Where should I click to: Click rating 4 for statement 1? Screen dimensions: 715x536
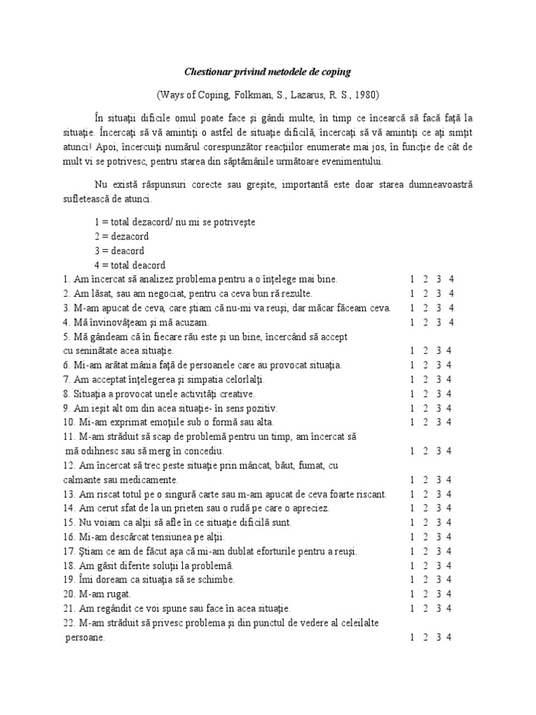coord(452,279)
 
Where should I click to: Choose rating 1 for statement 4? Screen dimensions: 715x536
coord(412,322)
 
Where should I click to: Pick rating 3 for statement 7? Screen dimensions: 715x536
coord(438,379)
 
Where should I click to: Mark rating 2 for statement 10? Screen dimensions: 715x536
coord(425,422)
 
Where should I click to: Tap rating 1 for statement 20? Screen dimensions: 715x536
coord(412,594)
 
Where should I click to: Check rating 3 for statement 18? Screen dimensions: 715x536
coord(438,565)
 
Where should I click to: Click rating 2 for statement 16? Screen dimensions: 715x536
coord(425,536)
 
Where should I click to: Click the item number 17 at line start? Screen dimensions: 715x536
coord(68,551)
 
